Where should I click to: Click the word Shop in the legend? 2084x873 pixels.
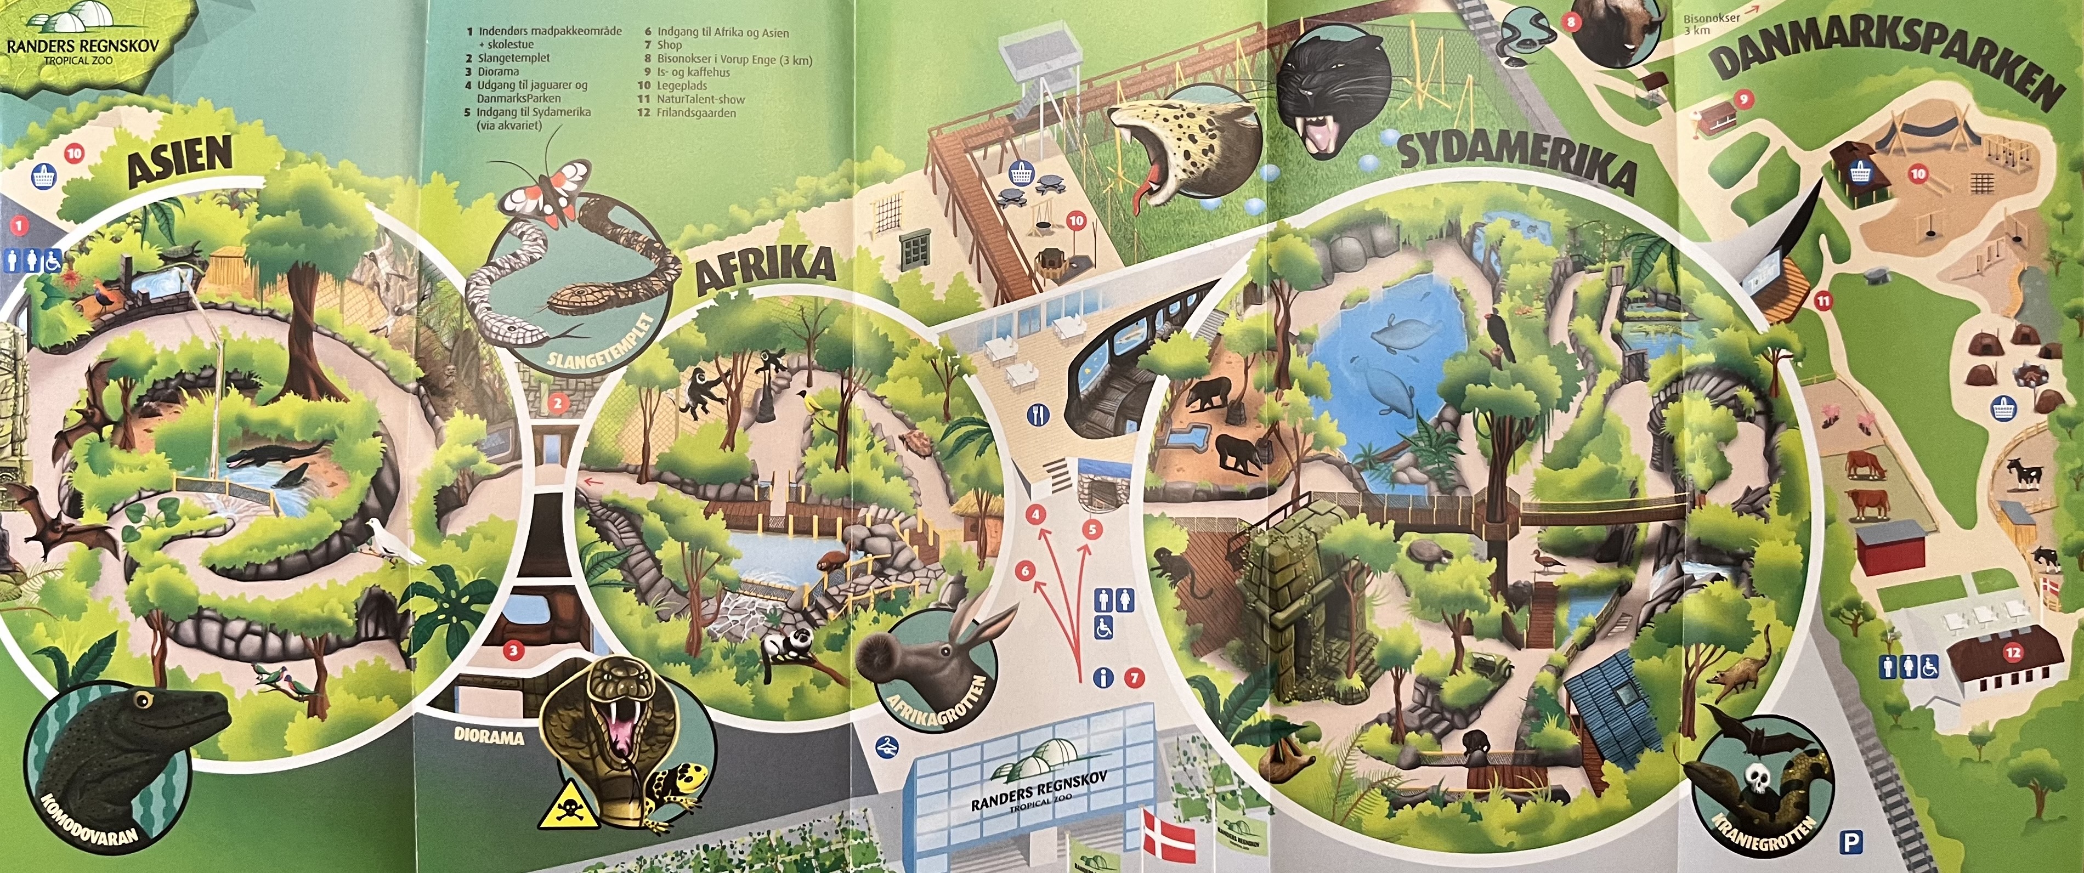pos(669,46)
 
